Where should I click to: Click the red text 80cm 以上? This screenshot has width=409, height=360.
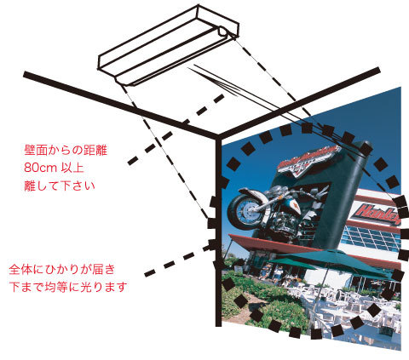(54, 168)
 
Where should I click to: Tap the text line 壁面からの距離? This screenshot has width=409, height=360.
(66, 150)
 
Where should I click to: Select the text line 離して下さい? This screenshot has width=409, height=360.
(60, 186)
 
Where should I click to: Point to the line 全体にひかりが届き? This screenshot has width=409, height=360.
(62, 269)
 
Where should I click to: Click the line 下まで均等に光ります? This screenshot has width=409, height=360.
(68, 287)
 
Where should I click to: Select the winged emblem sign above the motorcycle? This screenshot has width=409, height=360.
(308, 161)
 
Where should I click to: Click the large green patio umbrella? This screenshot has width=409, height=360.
(331, 262)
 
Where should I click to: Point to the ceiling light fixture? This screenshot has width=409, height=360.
(169, 45)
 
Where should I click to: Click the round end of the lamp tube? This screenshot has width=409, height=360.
(223, 31)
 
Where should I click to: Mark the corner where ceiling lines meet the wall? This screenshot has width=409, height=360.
(218, 136)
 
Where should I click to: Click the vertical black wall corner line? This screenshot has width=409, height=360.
(218, 231)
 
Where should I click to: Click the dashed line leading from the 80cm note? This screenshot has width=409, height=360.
(176, 129)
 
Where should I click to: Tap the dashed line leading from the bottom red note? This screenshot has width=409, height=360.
(179, 260)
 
